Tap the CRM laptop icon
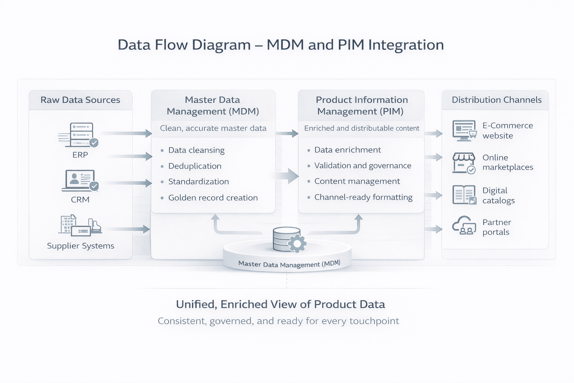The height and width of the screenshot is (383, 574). click(x=80, y=181)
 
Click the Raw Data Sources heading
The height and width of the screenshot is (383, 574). click(x=80, y=100)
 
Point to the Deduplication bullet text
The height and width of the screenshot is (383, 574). click(x=195, y=166)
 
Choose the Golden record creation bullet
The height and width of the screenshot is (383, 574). click(x=213, y=198)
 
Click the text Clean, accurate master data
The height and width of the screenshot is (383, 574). click(x=213, y=128)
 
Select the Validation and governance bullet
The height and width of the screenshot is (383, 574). click(x=362, y=166)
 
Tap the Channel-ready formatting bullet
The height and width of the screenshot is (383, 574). click(x=363, y=197)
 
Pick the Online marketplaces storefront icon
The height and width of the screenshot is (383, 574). click(x=464, y=163)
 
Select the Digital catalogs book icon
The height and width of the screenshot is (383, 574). click(x=464, y=195)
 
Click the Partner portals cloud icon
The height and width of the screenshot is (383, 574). click(x=464, y=226)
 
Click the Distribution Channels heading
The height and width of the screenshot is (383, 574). click(x=496, y=100)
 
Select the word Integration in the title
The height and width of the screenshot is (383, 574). click(x=406, y=45)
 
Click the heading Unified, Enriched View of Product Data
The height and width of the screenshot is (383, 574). click(x=280, y=304)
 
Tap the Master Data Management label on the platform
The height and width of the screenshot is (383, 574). click(x=289, y=264)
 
